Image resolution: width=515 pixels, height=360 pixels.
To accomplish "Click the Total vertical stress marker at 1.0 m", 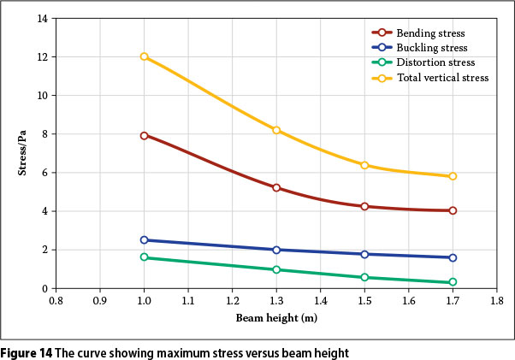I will (145, 56).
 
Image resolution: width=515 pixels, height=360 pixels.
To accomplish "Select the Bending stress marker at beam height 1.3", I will (276, 187).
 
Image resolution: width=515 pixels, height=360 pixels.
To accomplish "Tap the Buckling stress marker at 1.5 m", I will (364, 254).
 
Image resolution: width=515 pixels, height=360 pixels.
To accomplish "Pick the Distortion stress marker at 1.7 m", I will (453, 282).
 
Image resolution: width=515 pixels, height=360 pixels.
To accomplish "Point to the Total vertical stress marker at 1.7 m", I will (453, 176).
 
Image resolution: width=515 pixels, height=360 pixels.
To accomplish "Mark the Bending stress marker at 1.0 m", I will (145, 135).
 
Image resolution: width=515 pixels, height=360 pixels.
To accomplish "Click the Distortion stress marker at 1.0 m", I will (145, 257).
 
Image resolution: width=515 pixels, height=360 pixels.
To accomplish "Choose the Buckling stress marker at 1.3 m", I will (276, 250).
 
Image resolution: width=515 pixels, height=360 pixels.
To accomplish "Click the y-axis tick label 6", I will (42, 173).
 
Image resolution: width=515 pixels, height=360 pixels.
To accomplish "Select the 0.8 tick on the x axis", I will (56, 301).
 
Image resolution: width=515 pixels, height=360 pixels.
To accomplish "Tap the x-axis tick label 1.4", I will (320, 301).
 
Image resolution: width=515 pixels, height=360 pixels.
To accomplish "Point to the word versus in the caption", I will (225, 351).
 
